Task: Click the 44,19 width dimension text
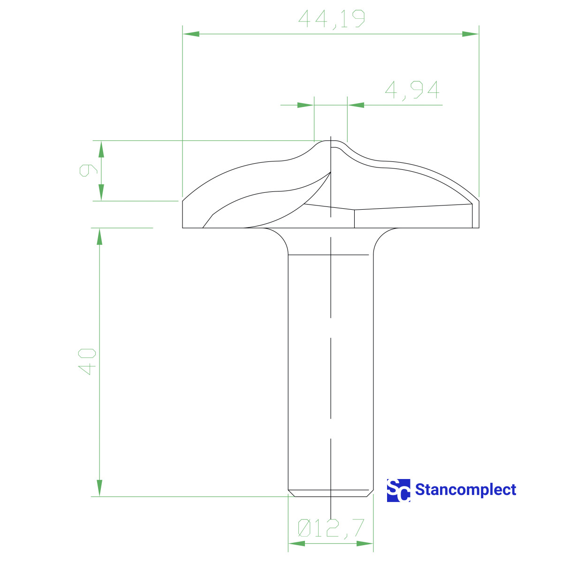332,19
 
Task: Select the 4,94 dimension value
412,90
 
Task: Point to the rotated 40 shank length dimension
87,361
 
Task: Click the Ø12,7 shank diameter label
331,528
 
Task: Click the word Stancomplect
465,490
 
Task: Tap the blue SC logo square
398,490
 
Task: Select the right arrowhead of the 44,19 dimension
471,34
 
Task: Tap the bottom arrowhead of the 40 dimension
99,488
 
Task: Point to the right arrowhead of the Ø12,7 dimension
365,543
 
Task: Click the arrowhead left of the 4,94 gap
305,105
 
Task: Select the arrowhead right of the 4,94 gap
356,105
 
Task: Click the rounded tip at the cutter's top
331,142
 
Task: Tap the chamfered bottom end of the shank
331,493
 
